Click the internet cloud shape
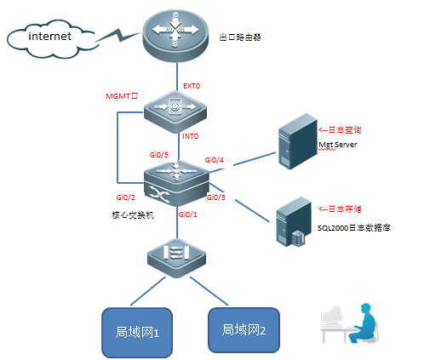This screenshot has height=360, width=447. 49,39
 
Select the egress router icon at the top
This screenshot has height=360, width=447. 175,34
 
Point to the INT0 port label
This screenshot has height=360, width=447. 191,136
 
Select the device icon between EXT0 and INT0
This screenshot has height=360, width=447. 175,111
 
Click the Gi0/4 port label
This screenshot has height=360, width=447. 215,160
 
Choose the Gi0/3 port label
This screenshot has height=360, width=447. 215,197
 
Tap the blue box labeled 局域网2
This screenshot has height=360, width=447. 244,329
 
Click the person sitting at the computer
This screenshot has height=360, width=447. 362,322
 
